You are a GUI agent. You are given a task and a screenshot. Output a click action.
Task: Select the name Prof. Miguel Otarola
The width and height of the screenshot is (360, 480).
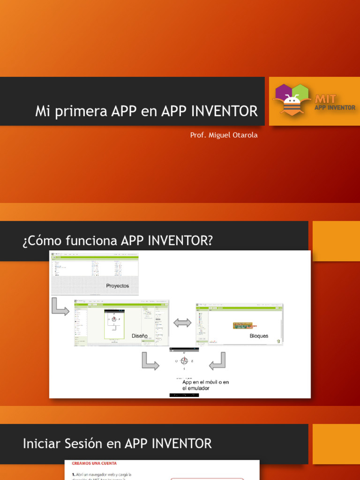click(224, 135)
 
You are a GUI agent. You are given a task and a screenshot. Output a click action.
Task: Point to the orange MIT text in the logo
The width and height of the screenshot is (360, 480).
click(325, 99)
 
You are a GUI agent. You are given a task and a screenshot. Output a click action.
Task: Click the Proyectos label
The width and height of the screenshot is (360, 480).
click(117, 285)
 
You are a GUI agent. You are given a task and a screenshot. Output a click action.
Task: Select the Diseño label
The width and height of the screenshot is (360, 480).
click(139, 336)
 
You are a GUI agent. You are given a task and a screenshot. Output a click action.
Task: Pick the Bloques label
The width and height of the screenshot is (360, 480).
click(259, 336)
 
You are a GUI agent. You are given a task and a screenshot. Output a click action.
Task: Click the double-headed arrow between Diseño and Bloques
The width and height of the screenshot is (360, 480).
click(182, 323)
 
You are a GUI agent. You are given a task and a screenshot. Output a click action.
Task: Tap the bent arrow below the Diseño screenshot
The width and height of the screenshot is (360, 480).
click(150, 361)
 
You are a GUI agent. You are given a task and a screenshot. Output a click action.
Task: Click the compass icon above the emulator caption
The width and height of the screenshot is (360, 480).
click(184, 361)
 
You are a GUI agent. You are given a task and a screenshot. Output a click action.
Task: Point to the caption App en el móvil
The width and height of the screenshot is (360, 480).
click(205, 385)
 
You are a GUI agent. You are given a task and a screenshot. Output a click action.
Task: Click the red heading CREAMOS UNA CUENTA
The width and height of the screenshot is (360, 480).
click(94, 463)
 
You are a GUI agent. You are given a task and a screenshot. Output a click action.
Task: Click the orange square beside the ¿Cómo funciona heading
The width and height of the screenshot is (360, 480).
click(336, 241)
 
